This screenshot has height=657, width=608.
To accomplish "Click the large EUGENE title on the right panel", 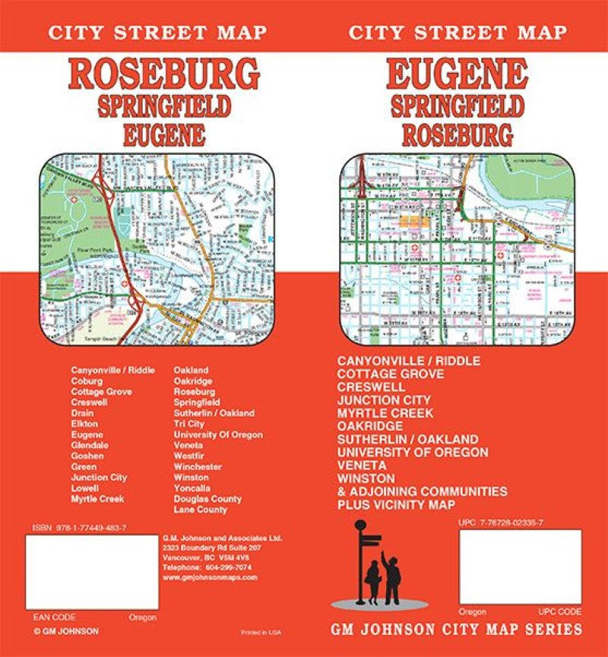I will (457, 74).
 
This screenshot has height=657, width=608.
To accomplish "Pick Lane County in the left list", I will (200, 510).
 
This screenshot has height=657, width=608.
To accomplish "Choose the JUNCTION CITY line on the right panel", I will (394, 400).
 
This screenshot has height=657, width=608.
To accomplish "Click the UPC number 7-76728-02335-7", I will (501, 523).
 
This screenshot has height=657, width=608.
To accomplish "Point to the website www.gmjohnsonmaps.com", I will (210, 577).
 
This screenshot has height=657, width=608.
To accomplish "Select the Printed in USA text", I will (259, 632).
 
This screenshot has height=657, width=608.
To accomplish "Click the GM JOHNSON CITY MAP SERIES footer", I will (456, 629).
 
